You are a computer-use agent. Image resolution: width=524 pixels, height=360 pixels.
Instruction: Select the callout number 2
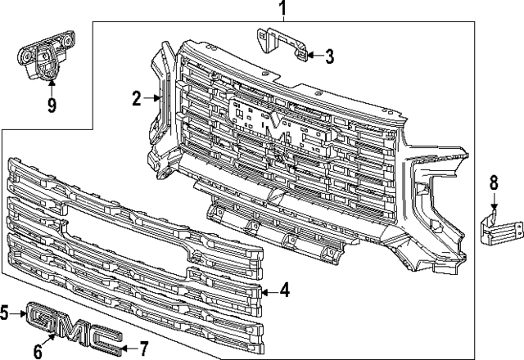138,100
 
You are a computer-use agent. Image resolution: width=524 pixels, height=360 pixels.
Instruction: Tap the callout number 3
329,56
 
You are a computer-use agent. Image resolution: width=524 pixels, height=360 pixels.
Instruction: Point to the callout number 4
284,289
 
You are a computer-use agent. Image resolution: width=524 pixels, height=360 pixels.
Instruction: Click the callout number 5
5,312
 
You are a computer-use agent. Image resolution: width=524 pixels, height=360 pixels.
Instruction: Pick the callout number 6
38,352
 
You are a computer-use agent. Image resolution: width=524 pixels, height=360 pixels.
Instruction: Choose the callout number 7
143,348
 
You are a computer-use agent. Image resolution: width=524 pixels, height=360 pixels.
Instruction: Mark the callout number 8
494,182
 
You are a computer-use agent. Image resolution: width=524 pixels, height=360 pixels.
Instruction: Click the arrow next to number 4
269,289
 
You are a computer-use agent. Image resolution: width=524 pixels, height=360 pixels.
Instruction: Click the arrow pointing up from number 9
51,86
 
